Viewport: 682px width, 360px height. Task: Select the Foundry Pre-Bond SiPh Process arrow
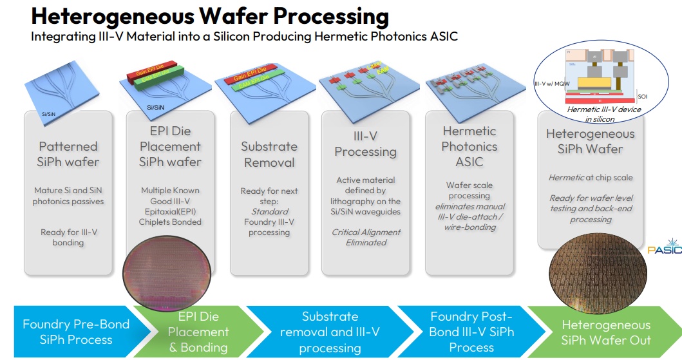click(x=76, y=332)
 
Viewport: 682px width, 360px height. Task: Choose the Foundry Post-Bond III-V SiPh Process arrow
click(x=471, y=332)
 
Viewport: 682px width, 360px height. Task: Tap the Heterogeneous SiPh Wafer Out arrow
click(x=605, y=332)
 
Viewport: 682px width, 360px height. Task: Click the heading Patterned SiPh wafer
click(x=68, y=154)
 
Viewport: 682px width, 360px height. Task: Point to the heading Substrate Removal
click(x=269, y=154)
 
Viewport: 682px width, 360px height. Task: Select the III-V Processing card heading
click(x=366, y=144)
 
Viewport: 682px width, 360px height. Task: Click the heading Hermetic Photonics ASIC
click(x=469, y=146)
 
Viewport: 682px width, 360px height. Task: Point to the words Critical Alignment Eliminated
click(x=366, y=237)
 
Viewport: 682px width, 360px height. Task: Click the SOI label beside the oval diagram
click(x=643, y=97)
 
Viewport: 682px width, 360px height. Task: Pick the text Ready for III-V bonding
click(x=68, y=236)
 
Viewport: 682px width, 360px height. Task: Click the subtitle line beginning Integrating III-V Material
click(x=244, y=36)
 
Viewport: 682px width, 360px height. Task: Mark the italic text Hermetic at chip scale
click(x=591, y=177)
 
